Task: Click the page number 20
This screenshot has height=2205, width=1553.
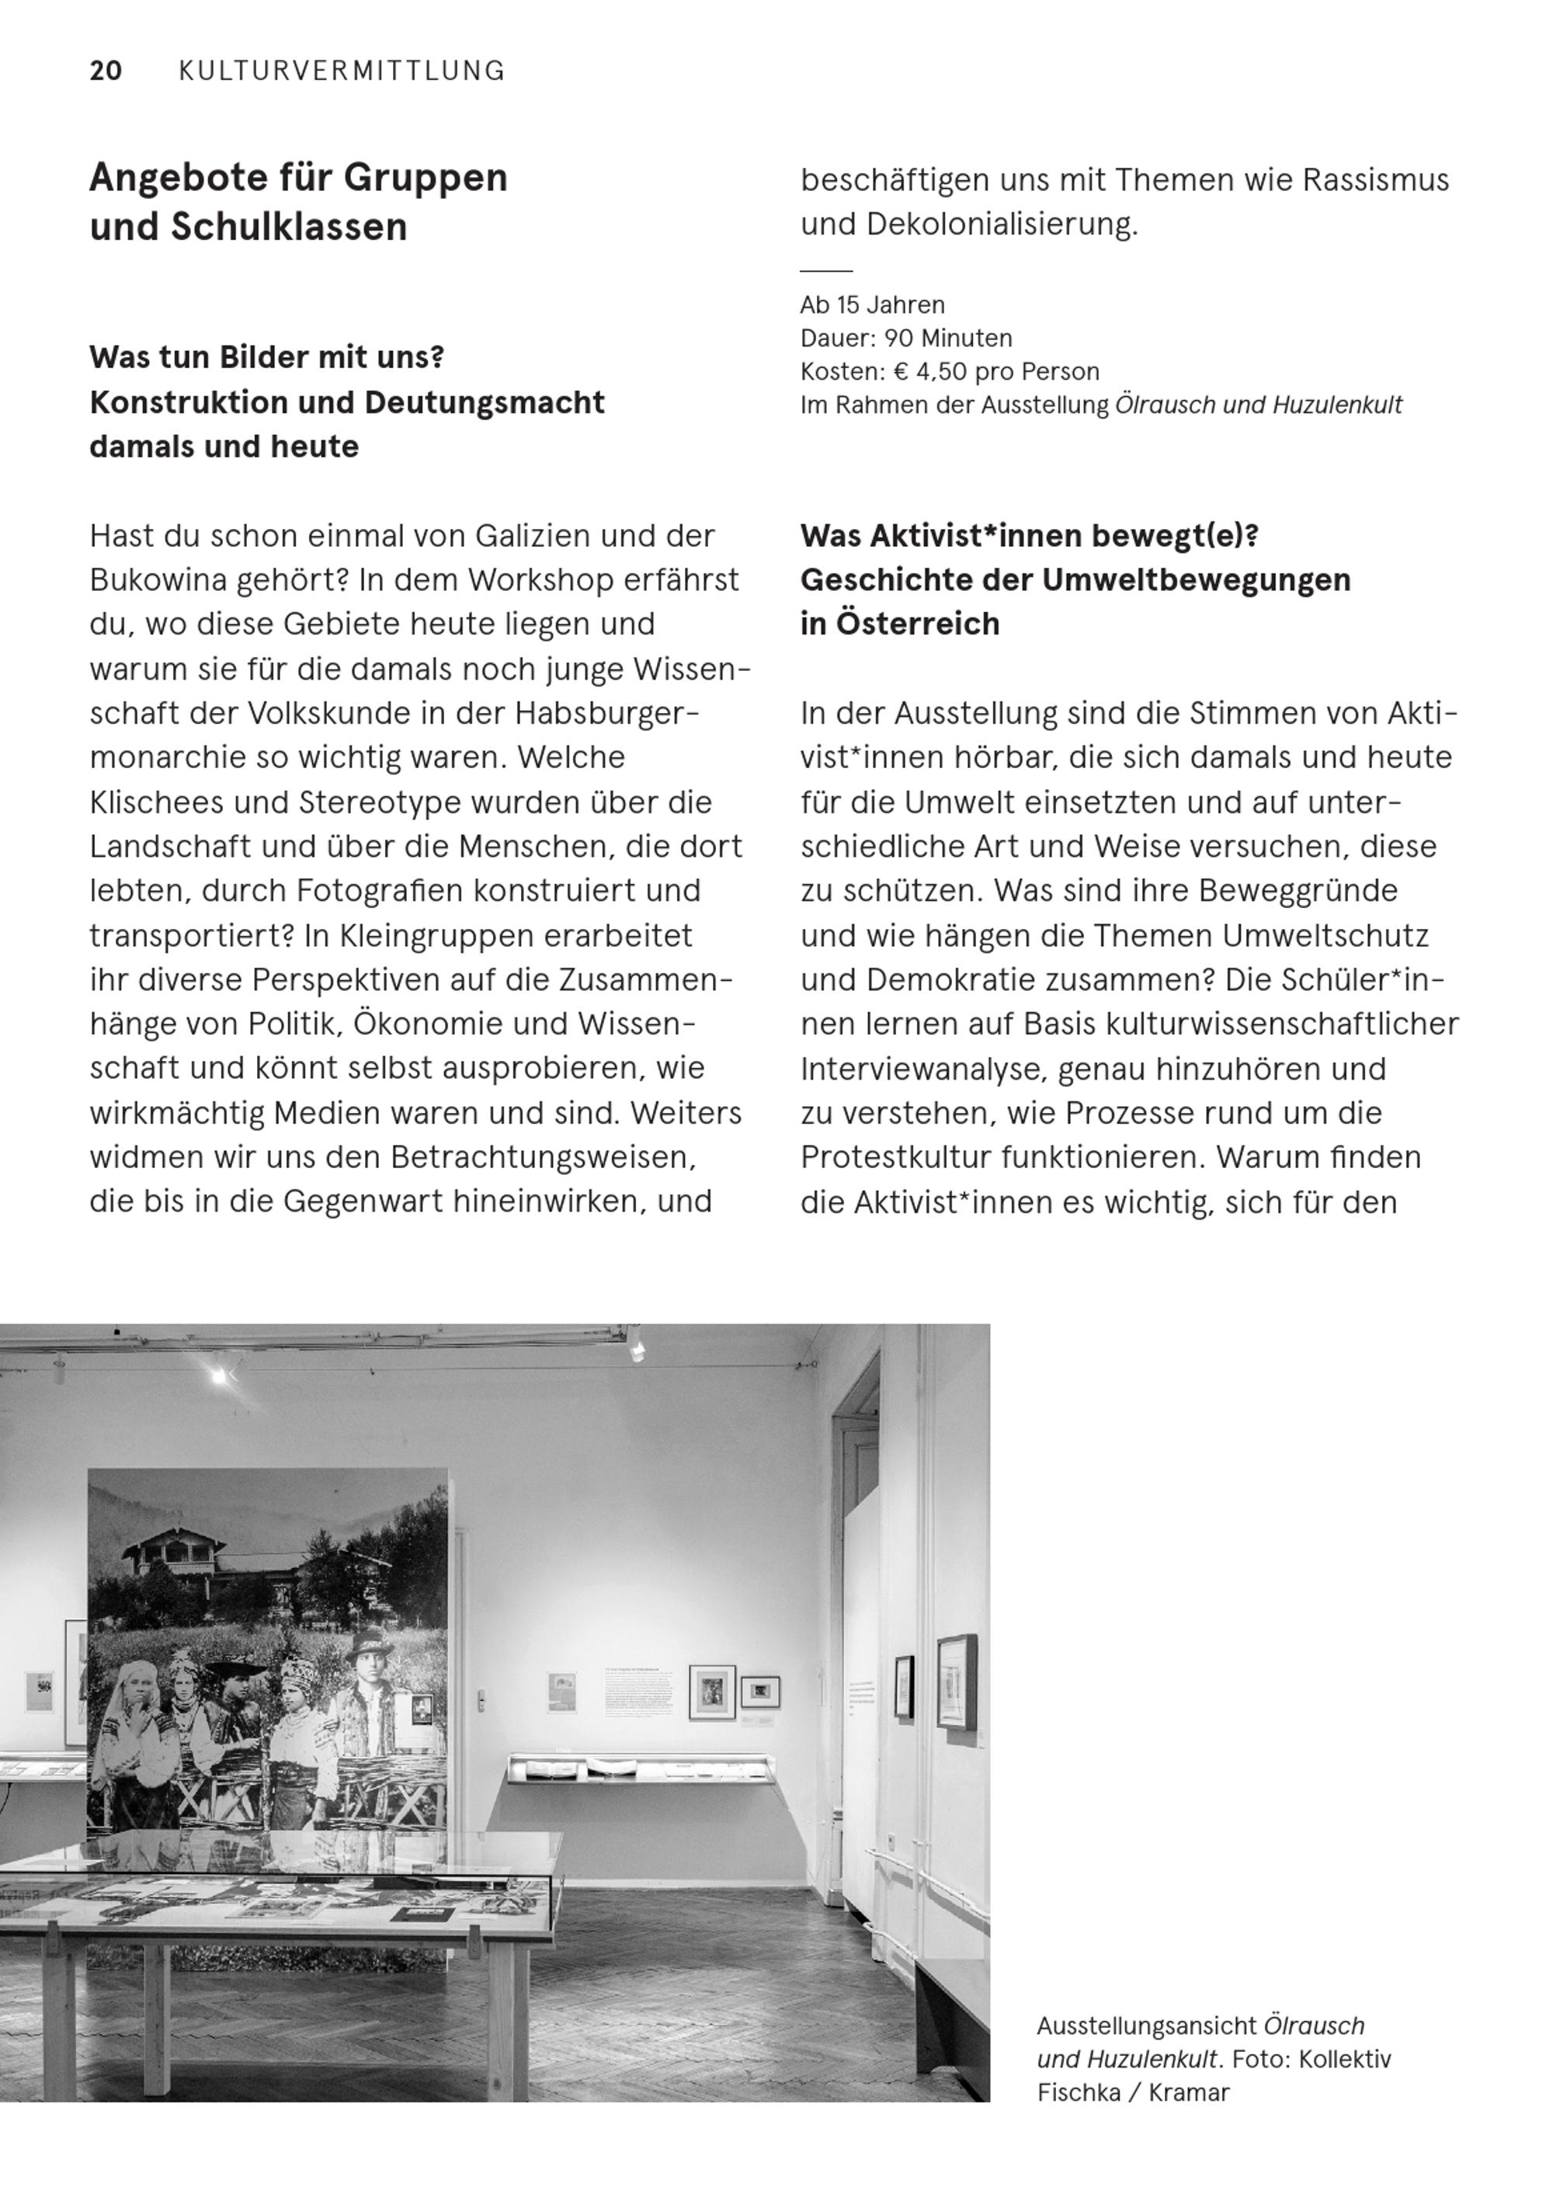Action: coord(106,71)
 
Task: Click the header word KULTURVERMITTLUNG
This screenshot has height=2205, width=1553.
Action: coord(342,71)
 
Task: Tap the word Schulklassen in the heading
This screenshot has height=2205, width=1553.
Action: coord(289,228)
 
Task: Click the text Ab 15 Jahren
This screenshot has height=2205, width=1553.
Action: coord(872,305)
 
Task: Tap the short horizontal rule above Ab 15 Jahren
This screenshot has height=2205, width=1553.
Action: coord(826,272)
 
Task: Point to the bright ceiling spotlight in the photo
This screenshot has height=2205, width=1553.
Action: coord(220,1376)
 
